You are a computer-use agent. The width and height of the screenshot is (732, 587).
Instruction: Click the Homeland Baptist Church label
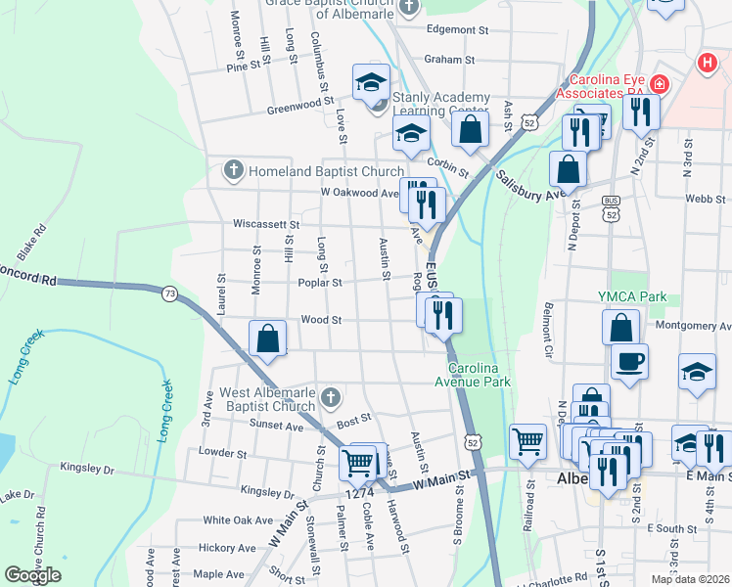[312, 171]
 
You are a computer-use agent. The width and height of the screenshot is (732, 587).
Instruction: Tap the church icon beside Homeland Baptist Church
[233, 171]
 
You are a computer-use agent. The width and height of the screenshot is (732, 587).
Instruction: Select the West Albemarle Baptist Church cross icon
[331, 398]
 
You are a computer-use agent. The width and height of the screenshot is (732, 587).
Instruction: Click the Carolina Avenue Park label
[480, 375]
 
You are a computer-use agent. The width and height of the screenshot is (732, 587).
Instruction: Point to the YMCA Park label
[632, 295]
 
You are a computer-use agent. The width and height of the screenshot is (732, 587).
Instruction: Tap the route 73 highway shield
[170, 293]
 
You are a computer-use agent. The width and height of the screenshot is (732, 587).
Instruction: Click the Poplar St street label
[321, 283]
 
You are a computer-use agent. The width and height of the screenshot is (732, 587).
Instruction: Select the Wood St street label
[321, 320]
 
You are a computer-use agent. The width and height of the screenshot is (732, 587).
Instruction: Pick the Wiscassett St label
[264, 224]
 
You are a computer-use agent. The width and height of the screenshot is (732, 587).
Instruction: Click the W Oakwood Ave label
[360, 193]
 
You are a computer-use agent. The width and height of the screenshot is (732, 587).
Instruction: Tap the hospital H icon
[707, 64]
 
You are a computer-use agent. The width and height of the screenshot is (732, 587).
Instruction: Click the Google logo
[32, 575]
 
